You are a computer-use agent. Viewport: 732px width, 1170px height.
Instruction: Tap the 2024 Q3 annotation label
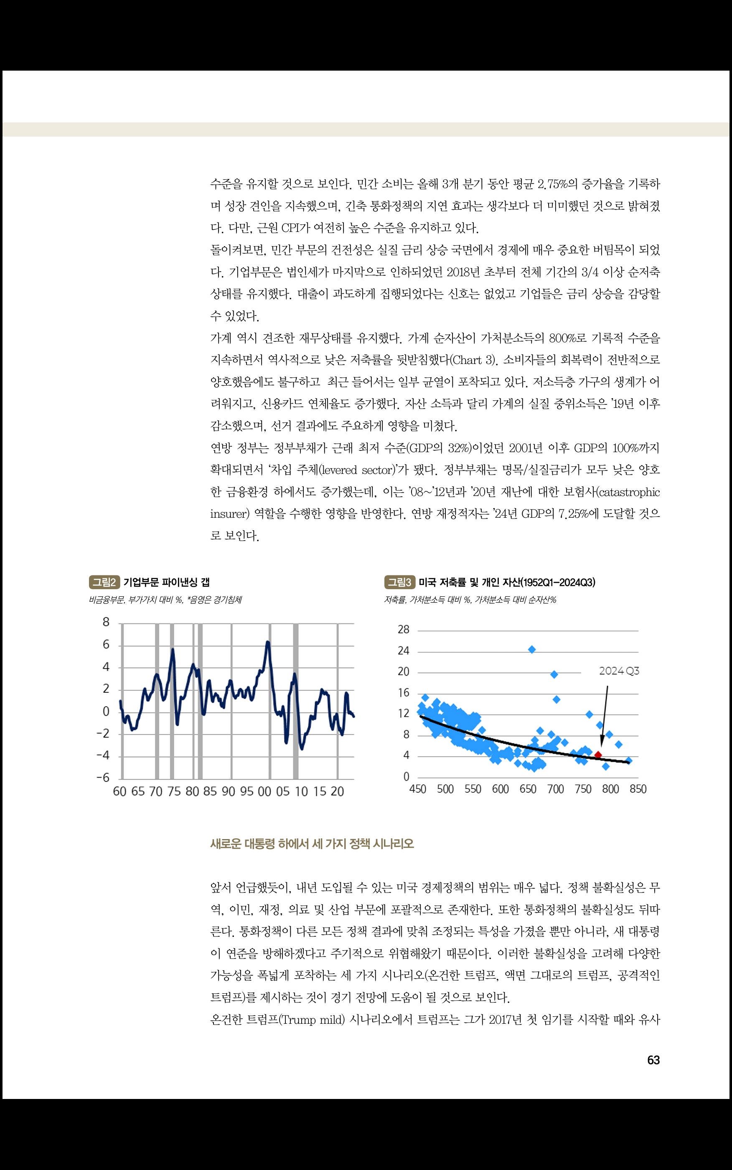click(x=619, y=671)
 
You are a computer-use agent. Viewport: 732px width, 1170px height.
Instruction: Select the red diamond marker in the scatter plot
click(x=598, y=755)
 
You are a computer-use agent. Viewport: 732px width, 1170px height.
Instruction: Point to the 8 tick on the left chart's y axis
click(x=106, y=623)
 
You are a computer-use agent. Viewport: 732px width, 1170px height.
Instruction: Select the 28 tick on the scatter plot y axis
click(x=403, y=630)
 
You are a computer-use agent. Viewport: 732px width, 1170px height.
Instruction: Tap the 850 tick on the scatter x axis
click(x=638, y=789)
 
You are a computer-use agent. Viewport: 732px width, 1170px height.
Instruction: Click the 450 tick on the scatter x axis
click(x=417, y=789)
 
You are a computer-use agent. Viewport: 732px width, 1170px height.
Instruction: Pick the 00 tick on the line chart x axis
click(x=264, y=792)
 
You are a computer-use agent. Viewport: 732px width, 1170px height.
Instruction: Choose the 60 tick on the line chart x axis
click(x=119, y=792)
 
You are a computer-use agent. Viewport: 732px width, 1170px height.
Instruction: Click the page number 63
click(x=653, y=1060)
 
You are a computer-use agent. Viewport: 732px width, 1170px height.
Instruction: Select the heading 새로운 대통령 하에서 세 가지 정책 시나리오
click(x=312, y=844)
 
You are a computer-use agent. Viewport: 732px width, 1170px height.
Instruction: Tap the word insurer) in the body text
click(x=229, y=514)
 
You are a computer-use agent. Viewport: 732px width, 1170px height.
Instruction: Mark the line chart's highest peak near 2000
click(x=268, y=642)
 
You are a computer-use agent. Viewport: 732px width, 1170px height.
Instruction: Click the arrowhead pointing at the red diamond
click(x=602, y=743)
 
